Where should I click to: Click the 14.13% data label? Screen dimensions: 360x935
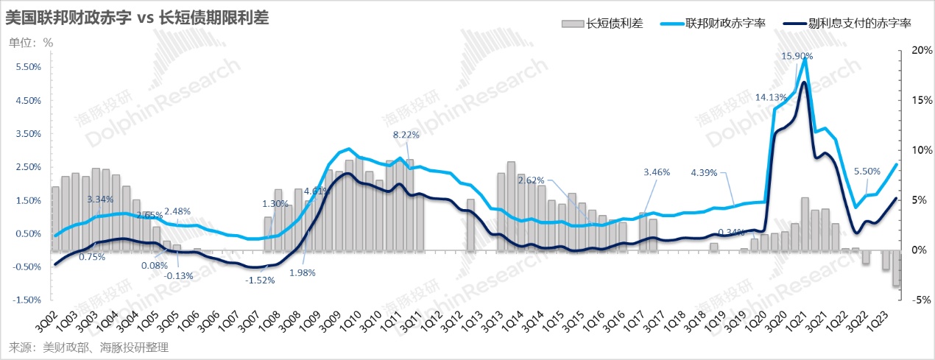(771, 97)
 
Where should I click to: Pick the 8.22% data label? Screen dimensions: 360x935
(406, 135)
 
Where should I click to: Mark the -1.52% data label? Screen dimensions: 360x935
(261, 280)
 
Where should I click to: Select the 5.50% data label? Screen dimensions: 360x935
(867, 172)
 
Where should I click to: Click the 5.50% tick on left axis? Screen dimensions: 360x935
(27, 67)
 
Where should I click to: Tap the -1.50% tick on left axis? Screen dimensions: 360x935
(26, 300)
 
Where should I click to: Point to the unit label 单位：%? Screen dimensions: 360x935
(31, 42)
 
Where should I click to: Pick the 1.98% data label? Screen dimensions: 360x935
(303, 272)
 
